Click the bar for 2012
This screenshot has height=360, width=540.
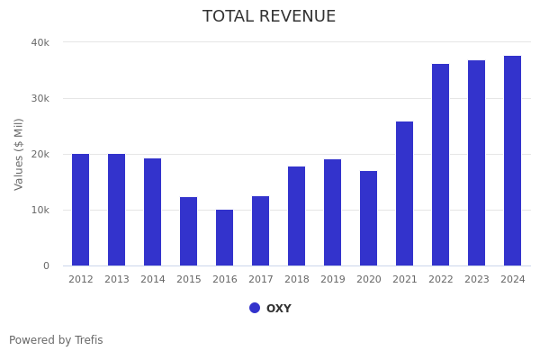[x=81, y=210]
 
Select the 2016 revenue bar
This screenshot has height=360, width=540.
[x=225, y=238]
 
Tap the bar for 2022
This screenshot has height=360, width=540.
[x=441, y=165]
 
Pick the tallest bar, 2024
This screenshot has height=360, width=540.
[x=513, y=161]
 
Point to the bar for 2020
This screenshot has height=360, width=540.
[x=369, y=218]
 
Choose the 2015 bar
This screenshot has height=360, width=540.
[x=189, y=231]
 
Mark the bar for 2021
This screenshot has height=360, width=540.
[x=405, y=193]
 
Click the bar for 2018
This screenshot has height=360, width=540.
[x=297, y=216]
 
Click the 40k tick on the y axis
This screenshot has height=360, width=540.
[x=40, y=42]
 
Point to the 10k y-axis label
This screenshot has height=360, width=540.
[x=40, y=210]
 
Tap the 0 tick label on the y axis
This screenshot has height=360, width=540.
[x=45, y=265]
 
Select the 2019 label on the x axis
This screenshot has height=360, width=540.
[x=333, y=280]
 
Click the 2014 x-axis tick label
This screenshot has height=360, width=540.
[x=153, y=280]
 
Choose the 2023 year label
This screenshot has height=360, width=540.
[x=477, y=280]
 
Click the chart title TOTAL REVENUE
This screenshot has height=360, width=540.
[x=269, y=17]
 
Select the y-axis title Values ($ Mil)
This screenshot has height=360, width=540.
[x=19, y=154]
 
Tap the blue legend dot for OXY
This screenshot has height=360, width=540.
[x=255, y=308]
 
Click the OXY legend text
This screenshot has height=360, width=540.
[x=279, y=309]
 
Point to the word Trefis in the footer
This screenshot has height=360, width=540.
[x=88, y=340]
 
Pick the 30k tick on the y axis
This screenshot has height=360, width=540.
[x=40, y=98]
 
